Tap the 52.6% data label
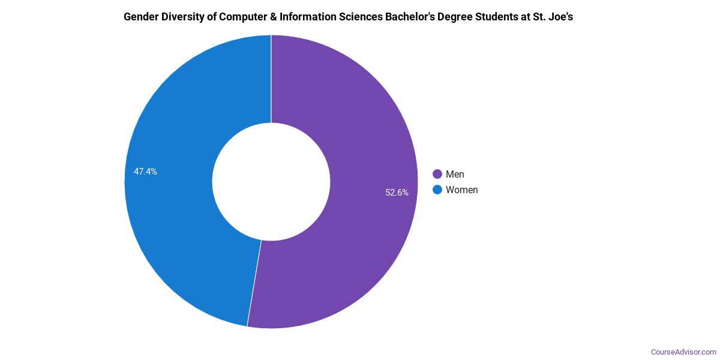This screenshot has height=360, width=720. pos(397,193)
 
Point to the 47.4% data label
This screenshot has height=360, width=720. pos(145,172)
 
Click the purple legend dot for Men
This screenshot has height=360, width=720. pos(437,174)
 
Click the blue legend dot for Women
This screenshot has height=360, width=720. pos(437,190)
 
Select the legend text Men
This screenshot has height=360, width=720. pos(455,174)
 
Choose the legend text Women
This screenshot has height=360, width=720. pos(462,190)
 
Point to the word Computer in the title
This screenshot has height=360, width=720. pos(245,17)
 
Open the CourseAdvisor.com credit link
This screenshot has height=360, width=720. pos(683,352)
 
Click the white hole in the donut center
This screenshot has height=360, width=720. pos(271,181)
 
